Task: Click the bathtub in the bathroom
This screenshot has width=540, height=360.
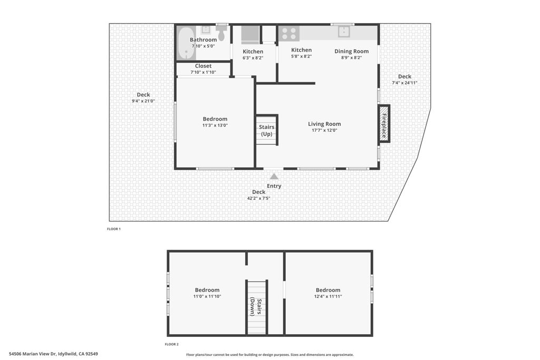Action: tap(186, 44)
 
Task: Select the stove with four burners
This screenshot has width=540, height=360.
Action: tap(288, 33)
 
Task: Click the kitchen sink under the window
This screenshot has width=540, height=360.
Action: tap(344, 32)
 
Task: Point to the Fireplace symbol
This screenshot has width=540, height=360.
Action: tap(384, 124)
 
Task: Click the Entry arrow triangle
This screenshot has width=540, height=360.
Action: tap(274, 177)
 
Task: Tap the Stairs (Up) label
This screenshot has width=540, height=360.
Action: tap(266, 130)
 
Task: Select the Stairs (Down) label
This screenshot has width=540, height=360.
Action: tap(257, 307)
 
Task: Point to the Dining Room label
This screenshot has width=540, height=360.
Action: tap(351, 51)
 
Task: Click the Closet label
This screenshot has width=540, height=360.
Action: tap(203, 66)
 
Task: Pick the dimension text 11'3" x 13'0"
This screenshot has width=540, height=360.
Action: tap(215, 125)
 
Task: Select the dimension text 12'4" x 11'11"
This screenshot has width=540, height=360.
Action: tap(327, 297)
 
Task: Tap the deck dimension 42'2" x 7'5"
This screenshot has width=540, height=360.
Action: tap(258, 198)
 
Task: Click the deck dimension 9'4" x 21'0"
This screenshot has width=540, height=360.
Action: tap(143, 101)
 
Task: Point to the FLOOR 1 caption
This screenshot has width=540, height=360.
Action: tap(114, 229)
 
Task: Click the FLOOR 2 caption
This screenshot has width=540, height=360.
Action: tap(171, 344)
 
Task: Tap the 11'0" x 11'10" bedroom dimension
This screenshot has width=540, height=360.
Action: tap(207, 297)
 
